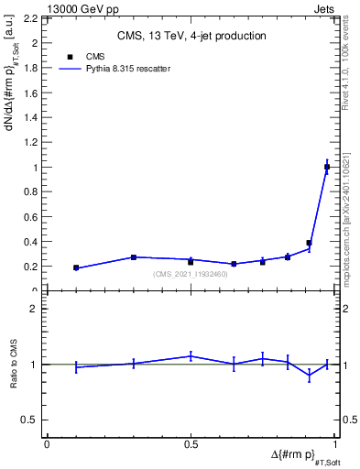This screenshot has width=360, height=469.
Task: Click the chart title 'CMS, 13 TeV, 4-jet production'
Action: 191,37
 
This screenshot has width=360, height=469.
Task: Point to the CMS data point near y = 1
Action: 327,167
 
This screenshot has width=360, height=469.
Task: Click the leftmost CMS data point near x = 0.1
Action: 76,267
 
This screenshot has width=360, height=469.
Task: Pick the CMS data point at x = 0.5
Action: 191,261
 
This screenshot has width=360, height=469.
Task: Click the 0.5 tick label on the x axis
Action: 191,443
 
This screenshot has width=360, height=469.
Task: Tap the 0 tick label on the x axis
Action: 47,443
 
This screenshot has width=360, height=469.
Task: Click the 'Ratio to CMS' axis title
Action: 14,364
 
